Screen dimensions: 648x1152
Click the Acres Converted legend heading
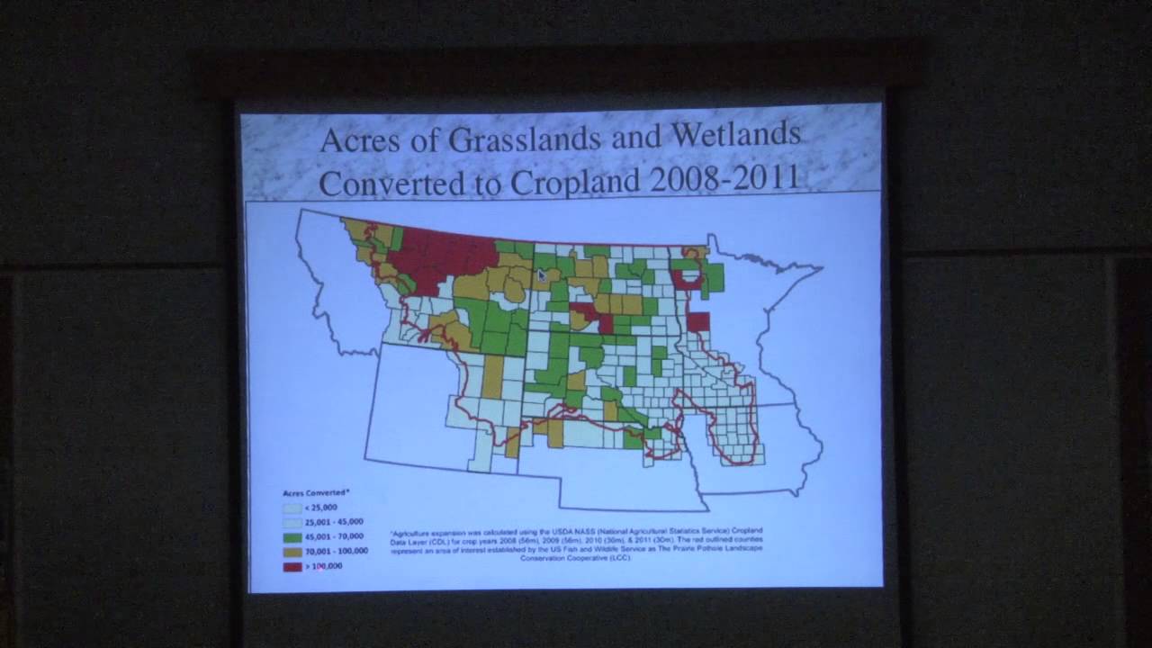coord(316,493)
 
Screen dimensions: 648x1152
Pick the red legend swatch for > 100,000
coord(292,566)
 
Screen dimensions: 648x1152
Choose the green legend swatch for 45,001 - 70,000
coord(292,536)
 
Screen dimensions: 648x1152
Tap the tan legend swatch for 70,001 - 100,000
coord(292,551)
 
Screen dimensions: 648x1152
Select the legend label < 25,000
coord(321,508)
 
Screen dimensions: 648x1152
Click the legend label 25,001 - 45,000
coord(334,522)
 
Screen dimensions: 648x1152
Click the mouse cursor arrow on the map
coord(542,275)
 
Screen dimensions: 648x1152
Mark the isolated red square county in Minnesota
coord(698,321)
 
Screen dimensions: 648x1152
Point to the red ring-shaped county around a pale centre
coord(687,279)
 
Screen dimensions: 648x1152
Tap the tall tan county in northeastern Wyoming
coord(492,376)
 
